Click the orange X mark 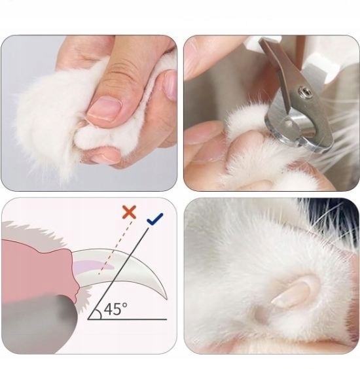coord(129,212)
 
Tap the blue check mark coord(154,219)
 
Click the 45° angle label coord(115,309)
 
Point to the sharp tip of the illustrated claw coord(167,299)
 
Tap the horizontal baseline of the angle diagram coord(127,319)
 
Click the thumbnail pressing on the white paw coord(103,109)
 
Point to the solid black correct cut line coord(118,273)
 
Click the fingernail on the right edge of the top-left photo coord(170,85)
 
